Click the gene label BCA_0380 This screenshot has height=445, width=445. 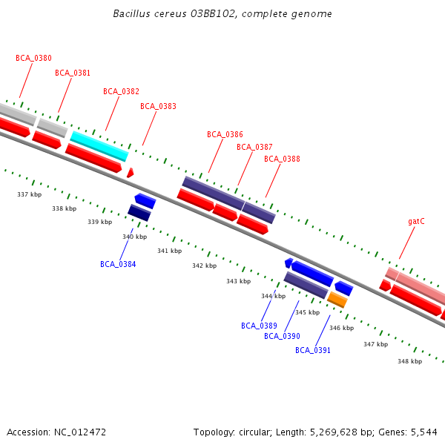(33, 58)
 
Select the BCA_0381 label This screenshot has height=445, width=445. (73, 73)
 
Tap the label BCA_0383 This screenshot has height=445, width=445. (158, 106)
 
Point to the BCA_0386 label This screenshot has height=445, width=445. (225, 134)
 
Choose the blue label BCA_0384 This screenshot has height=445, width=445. (118, 264)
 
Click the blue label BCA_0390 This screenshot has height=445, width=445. (282, 336)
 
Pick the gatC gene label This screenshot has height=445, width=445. (416, 221)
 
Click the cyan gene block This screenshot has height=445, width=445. (99, 146)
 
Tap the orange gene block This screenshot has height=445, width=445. (337, 299)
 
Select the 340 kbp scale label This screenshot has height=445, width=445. (134, 237)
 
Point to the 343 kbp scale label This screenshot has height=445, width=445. (238, 281)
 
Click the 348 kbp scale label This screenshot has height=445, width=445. (409, 361)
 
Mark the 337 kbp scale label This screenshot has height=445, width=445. (29, 194)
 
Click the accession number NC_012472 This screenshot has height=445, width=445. (80, 432)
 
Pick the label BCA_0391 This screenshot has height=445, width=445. (313, 350)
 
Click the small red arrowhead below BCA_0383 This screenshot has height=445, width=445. (130, 173)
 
